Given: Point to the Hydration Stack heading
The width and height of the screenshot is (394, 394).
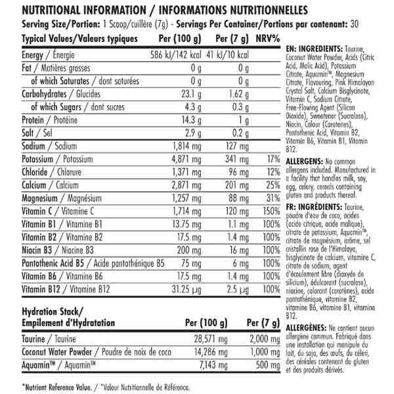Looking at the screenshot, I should (x=59, y=316).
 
